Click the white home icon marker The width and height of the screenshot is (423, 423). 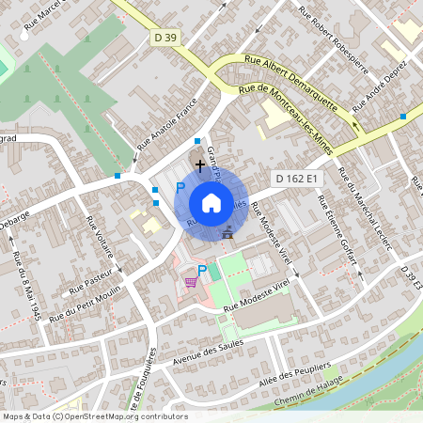tap(211, 202)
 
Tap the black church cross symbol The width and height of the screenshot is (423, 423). tap(199, 165)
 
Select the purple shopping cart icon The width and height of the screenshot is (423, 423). tap(191, 281)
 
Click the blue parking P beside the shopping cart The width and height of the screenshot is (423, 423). tap(201, 271)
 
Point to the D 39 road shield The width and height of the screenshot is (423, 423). tap(164, 37)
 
